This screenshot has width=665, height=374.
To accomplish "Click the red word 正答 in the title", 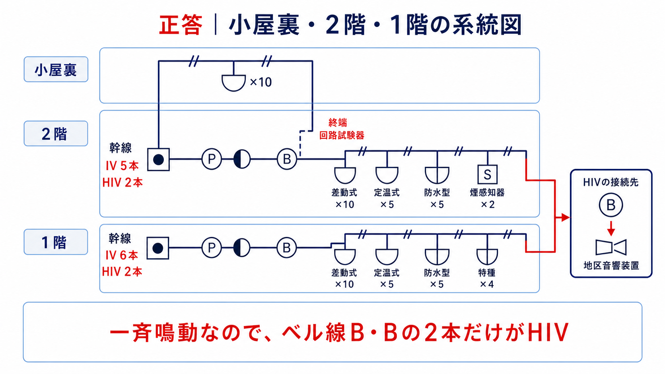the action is pyautogui.click(x=181, y=25).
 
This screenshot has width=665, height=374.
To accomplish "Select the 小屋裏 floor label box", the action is pyautogui.click(x=56, y=70).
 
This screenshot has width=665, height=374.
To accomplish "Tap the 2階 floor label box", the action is pyautogui.click(x=56, y=134).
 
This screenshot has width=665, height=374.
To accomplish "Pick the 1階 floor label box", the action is pyautogui.click(x=56, y=242).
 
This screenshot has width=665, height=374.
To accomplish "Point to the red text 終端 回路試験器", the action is pyautogui.click(x=341, y=129).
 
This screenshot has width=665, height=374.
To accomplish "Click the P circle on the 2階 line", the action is pyautogui.click(x=211, y=159).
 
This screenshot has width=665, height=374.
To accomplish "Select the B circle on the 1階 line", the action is pyautogui.click(x=286, y=248).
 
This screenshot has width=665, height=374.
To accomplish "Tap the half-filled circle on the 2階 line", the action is pyautogui.click(x=242, y=159).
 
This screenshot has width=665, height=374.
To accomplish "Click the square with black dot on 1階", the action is pyautogui.click(x=157, y=248).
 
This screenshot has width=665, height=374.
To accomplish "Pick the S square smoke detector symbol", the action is pyautogui.click(x=487, y=174).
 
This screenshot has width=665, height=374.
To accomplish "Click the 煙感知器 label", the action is pyautogui.click(x=487, y=193).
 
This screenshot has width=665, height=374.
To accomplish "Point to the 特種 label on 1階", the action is pyautogui.click(x=487, y=273).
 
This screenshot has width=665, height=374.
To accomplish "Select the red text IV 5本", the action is pyautogui.click(x=122, y=166).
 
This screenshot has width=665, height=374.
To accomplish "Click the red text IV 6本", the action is pyautogui.click(x=122, y=255).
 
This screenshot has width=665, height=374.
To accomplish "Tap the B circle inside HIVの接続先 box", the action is pyautogui.click(x=611, y=205).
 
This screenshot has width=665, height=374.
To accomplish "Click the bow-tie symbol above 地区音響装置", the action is pyautogui.click(x=611, y=247).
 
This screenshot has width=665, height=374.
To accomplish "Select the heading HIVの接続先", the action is pyautogui.click(x=611, y=182).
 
